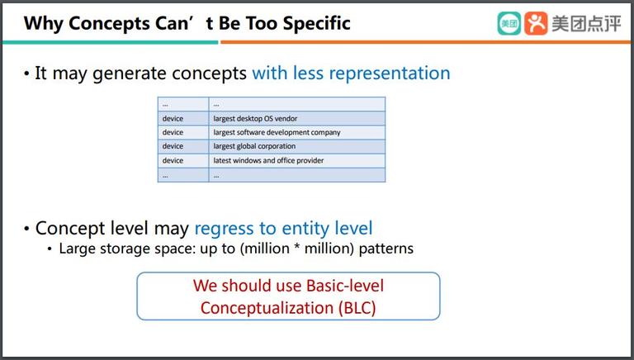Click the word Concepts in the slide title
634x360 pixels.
pyautogui.click(x=109, y=23)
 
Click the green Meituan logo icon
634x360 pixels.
pyautogui.click(x=509, y=23)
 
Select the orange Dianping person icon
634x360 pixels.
pyautogui.click(x=536, y=23)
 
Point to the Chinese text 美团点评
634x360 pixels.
pyautogui.click(x=586, y=23)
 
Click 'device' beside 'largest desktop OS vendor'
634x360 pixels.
pyautogui.click(x=173, y=119)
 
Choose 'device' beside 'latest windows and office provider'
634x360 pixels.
pyautogui.click(x=173, y=160)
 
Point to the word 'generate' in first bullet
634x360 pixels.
pyautogui.click(x=129, y=74)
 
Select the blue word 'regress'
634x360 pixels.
pyautogui.click(x=225, y=229)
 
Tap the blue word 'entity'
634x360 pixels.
pyautogui.click(x=300, y=229)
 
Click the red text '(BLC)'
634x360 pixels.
pyautogui.click(x=357, y=308)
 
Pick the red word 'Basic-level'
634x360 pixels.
pyautogui.click(x=344, y=286)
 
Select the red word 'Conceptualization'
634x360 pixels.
pyautogui.click(x=267, y=308)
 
